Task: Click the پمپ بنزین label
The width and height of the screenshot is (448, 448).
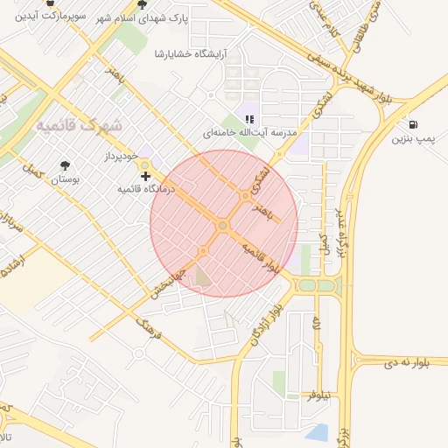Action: tap(413, 138)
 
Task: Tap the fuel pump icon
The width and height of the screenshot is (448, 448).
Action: tap(413, 124)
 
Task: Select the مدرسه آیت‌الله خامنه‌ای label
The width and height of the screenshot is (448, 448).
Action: tap(250, 132)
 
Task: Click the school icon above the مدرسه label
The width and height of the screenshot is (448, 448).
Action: tap(249, 118)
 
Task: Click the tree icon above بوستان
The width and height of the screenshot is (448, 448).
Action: tap(65, 164)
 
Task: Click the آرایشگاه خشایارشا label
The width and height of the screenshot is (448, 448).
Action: tap(190, 54)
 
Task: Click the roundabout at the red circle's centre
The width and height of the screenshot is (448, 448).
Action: tap(223, 226)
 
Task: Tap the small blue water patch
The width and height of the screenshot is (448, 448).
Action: tap(317, 432)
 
